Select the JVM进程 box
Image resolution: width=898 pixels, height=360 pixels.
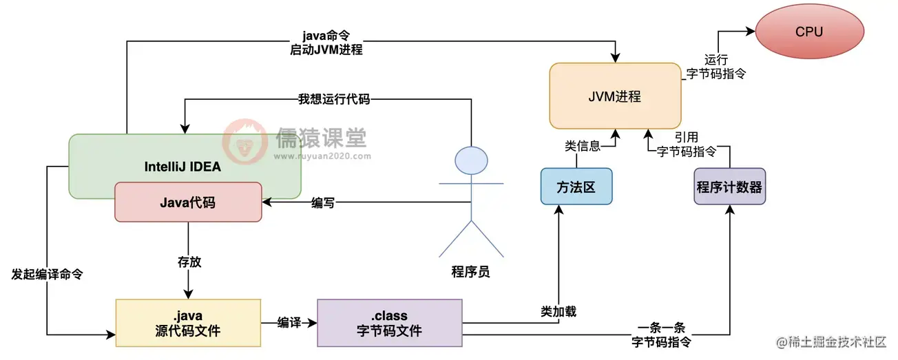(x=615, y=96)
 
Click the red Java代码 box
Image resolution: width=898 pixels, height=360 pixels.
(x=188, y=202)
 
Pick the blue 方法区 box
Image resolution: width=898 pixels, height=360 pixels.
(x=576, y=186)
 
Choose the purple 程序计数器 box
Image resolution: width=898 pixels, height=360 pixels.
(x=729, y=187)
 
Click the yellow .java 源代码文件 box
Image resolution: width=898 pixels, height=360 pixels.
(x=188, y=323)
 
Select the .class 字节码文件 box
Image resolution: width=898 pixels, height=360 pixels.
(x=390, y=323)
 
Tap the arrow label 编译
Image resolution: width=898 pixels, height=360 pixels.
(x=289, y=322)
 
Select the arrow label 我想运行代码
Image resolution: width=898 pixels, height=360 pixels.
(x=333, y=99)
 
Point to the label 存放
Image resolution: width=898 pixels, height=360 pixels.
(x=189, y=262)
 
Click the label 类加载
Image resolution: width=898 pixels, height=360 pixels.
(x=558, y=311)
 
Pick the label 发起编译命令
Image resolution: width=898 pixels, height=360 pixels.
(x=48, y=273)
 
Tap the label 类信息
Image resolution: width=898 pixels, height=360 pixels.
(x=581, y=145)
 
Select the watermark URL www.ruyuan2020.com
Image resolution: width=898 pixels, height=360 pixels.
(x=322, y=156)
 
